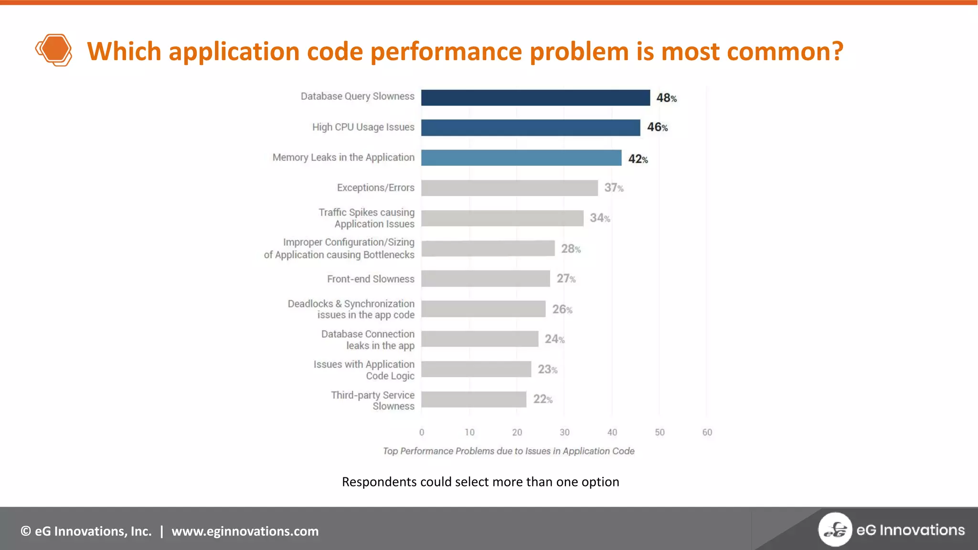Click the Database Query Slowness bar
click(535, 97)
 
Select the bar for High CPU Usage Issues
click(530, 127)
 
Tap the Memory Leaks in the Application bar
click(521, 158)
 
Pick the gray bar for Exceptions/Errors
click(509, 188)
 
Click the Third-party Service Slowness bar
click(473, 399)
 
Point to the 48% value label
click(666, 98)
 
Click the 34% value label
click(600, 218)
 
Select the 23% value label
click(547, 369)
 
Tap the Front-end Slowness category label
click(371, 279)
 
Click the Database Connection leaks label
click(368, 339)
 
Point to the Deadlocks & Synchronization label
click(351, 309)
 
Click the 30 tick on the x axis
click(564, 432)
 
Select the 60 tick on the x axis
click(707, 432)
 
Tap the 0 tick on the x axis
click(422, 432)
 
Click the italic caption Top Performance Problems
click(509, 451)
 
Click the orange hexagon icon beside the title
click(54, 50)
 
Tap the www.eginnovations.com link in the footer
click(245, 531)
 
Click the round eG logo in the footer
click(835, 529)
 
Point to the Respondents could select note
click(480, 482)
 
